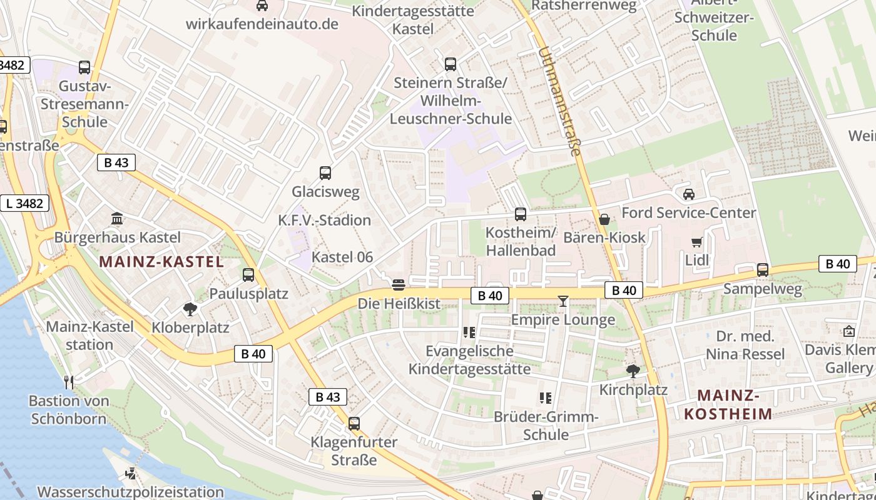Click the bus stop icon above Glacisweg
(x=325, y=173)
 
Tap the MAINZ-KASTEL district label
(x=161, y=262)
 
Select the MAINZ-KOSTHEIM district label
(x=728, y=404)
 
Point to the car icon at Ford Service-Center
(x=689, y=194)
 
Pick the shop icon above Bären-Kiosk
(x=604, y=219)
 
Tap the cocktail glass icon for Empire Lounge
(x=563, y=301)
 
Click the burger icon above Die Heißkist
(x=399, y=285)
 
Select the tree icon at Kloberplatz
(x=190, y=309)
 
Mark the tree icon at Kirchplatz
(x=633, y=371)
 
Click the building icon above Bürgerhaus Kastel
(x=117, y=219)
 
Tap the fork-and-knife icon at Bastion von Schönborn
(x=69, y=382)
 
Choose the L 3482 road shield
(x=24, y=203)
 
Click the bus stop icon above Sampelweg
(x=762, y=270)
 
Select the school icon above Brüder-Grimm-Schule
(x=546, y=397)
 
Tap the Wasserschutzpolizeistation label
(x=130, y=492)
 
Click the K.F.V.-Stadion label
(x=325, y=220)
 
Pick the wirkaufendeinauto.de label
(x=262, y=24)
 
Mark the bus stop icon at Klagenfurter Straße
(x=354, y=424)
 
